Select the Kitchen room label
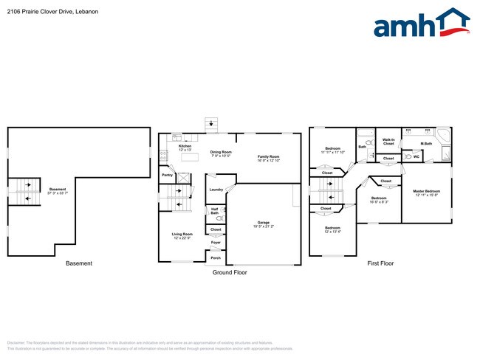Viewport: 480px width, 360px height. [185, 148]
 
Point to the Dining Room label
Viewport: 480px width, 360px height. [221, 153]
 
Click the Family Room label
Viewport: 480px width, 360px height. [268, 158]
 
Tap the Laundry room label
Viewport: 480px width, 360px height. [216, 190]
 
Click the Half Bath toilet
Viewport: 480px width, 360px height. [220, 218]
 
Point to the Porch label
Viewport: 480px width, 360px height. [216, 257]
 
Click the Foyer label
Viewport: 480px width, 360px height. [216, 242]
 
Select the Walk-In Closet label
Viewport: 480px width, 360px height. [388, 141]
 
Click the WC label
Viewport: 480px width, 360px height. [416, 156]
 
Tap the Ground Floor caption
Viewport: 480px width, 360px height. [230, 272]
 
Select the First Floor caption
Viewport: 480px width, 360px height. [380, 263]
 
